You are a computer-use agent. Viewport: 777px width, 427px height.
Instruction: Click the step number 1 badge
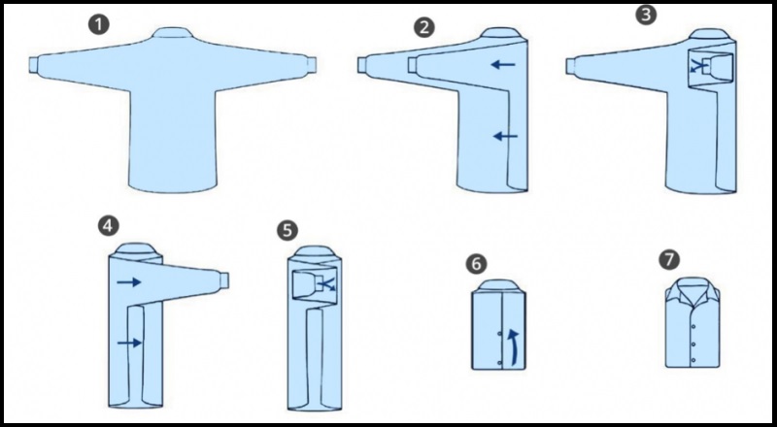pos(99,24)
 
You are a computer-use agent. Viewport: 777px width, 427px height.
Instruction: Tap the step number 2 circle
pos(424,28)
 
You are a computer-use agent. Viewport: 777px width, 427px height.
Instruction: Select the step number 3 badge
pos(646,15)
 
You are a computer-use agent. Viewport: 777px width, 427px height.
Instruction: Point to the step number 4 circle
pos(109,226)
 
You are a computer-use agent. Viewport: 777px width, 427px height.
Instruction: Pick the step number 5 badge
pos(287,230)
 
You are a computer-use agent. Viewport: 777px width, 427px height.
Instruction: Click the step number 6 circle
pos(476,264)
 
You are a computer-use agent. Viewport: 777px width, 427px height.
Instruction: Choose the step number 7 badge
pos(669,260)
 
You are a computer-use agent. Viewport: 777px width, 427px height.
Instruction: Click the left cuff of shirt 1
pos(34,65)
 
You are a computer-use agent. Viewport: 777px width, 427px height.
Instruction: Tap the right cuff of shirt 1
pos(311,65)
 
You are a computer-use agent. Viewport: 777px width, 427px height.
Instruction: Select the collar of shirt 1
pos(172,33)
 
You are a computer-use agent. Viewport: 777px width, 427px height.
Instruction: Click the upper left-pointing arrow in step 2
pos(503,64)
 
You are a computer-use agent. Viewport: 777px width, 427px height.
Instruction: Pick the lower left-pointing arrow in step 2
pos(505,136)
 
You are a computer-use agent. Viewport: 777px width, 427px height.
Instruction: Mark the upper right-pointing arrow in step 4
pos(129,282)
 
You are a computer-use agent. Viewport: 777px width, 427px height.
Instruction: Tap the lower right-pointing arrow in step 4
pos(129,343)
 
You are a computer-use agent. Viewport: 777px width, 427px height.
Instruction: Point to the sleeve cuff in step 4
pos(223,279)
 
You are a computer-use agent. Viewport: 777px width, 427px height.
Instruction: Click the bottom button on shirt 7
pos(693,360)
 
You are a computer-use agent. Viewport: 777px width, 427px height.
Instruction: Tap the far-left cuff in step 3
pos(570,66)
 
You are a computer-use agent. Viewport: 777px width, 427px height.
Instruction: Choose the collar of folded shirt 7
pos(693,291)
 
